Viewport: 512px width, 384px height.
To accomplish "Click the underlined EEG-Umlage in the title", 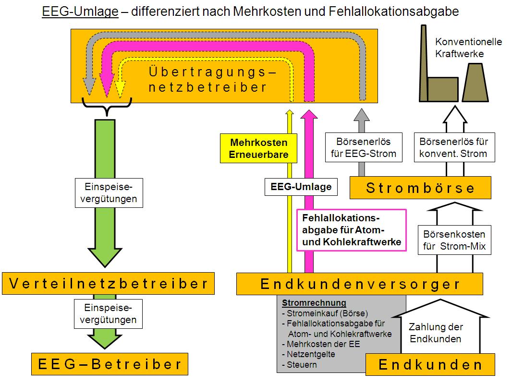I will [80, 12].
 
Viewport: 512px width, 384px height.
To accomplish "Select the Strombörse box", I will [420, 188].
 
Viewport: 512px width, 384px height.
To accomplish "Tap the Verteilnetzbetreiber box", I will [109, 284].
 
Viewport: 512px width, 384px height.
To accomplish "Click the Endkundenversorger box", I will [359, 284].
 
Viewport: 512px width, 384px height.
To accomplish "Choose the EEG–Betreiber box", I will [110, 364].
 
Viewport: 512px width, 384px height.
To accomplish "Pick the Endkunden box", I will [430, 365].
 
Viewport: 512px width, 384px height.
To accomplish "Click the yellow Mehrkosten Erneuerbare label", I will [259, 149].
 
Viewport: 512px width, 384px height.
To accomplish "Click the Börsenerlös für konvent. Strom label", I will [453, 147].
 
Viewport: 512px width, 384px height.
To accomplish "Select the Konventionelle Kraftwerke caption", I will [468, 48].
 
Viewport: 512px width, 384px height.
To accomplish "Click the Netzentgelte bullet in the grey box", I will [311, 354].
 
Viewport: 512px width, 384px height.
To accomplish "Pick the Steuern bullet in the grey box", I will [302, 365].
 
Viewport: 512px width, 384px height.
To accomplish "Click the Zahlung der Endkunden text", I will [435, 333].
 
